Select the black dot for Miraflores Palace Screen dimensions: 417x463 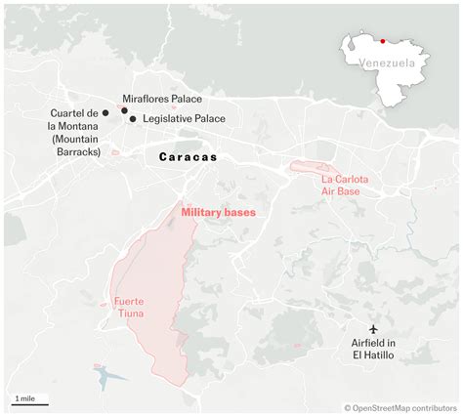124,110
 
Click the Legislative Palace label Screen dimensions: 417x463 184,119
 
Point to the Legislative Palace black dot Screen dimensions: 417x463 133,118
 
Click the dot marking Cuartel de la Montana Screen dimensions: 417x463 105,113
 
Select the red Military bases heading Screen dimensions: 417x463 218,210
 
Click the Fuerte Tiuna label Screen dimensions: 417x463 130,306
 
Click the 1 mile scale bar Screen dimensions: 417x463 25,400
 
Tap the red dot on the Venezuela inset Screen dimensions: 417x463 383,41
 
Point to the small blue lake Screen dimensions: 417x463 105,375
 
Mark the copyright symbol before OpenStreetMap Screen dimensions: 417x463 347,407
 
